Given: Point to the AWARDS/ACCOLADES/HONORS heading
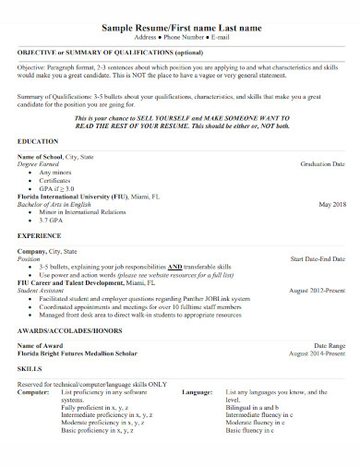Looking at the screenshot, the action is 68,329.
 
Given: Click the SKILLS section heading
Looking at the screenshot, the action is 30,367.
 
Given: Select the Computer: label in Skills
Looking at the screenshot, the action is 34,391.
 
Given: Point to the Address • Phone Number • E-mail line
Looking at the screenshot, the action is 179,41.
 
